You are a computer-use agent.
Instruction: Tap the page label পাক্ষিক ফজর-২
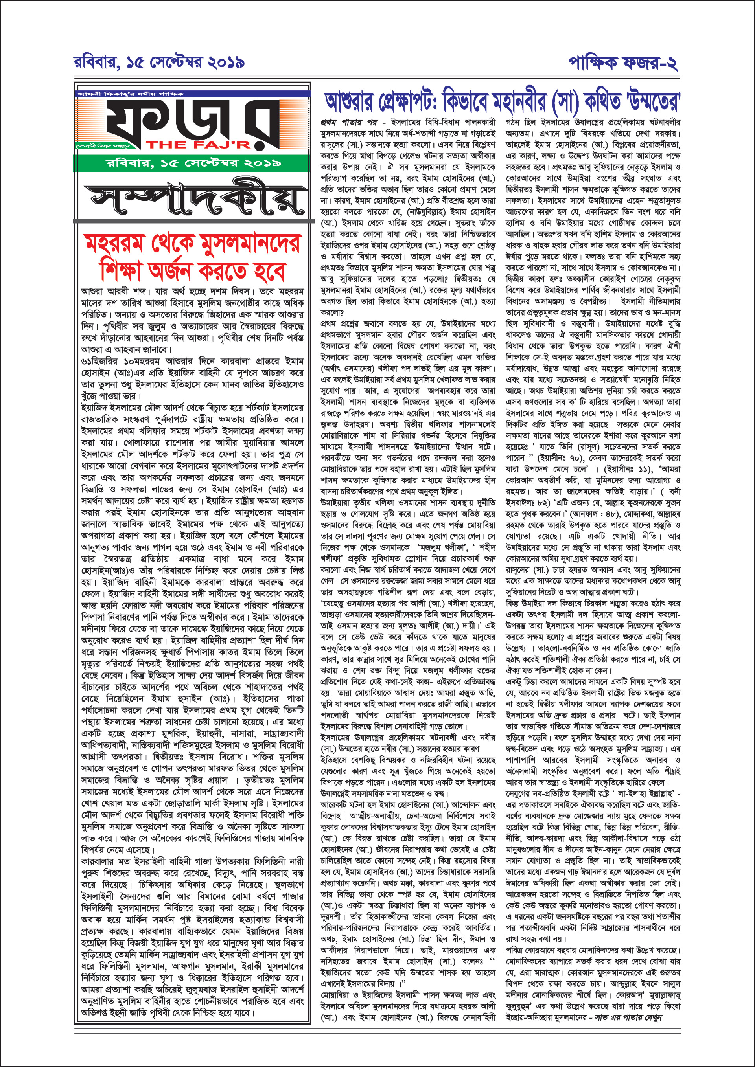point(623,62)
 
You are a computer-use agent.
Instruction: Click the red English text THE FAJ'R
point(199,144)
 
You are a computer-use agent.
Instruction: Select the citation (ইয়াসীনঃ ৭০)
point(560,458)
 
